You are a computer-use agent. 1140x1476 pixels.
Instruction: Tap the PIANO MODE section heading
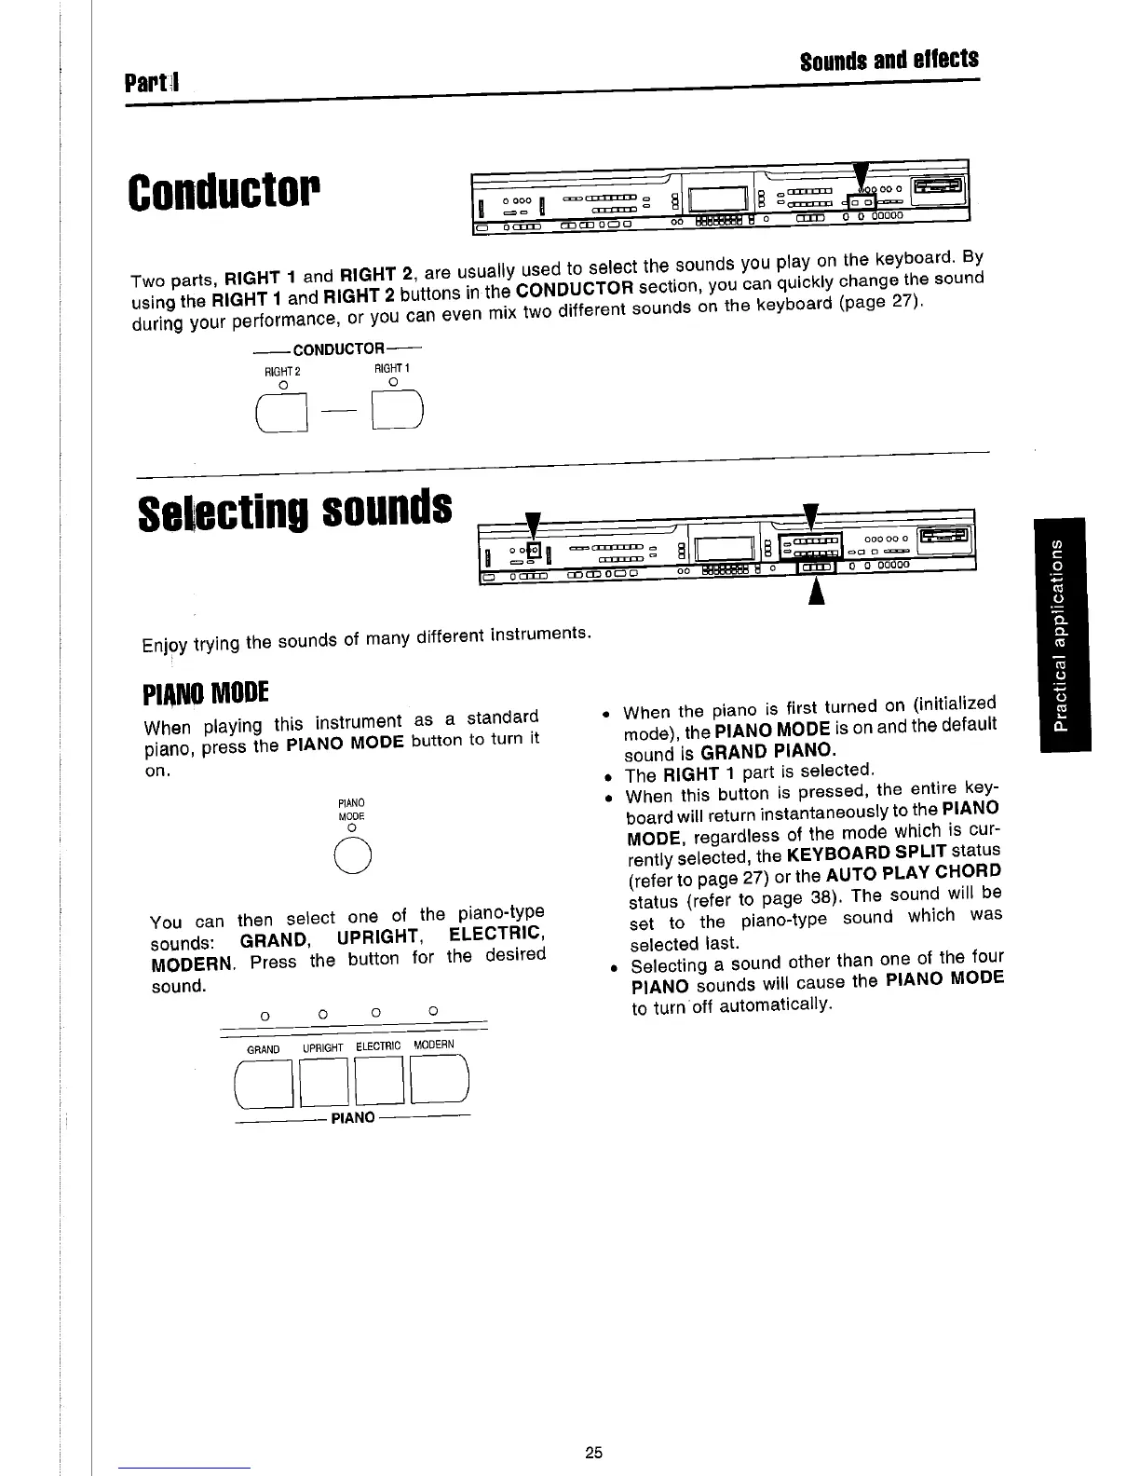[206, 693]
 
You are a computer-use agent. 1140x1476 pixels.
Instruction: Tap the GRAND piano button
[266, 1085]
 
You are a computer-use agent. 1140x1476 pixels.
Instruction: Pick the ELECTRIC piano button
[380, 1085]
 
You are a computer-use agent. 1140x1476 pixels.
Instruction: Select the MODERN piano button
[437, 1085]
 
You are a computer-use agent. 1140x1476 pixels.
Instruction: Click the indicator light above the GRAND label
[265, 1014]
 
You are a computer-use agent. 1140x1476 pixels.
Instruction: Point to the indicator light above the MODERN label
[433, 1010]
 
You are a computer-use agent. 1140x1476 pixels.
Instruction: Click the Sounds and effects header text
[889, 60]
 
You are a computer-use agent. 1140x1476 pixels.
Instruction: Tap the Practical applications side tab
[1061, 633]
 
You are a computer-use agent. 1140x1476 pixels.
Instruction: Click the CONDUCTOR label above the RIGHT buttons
[337, 348]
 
